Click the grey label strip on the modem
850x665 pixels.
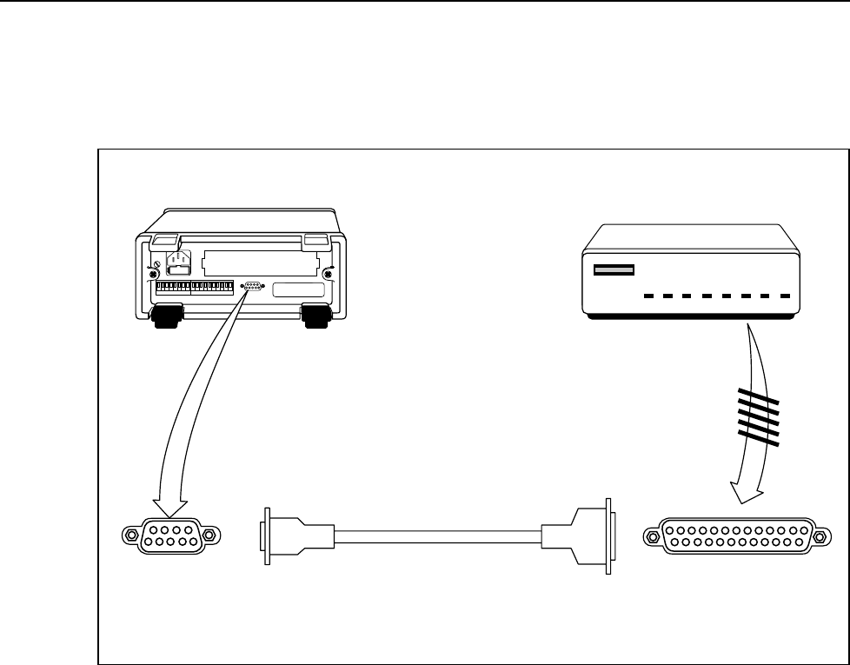coord(614,270)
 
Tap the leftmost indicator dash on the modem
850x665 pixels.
coord(649,296)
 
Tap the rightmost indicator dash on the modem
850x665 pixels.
coord(785,296)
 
